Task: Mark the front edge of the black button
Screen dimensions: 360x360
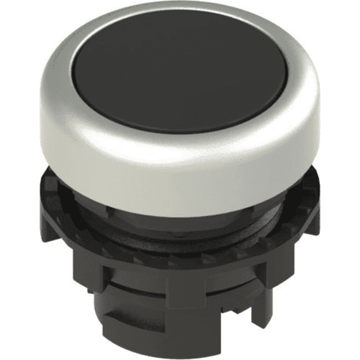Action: point(180,131)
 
